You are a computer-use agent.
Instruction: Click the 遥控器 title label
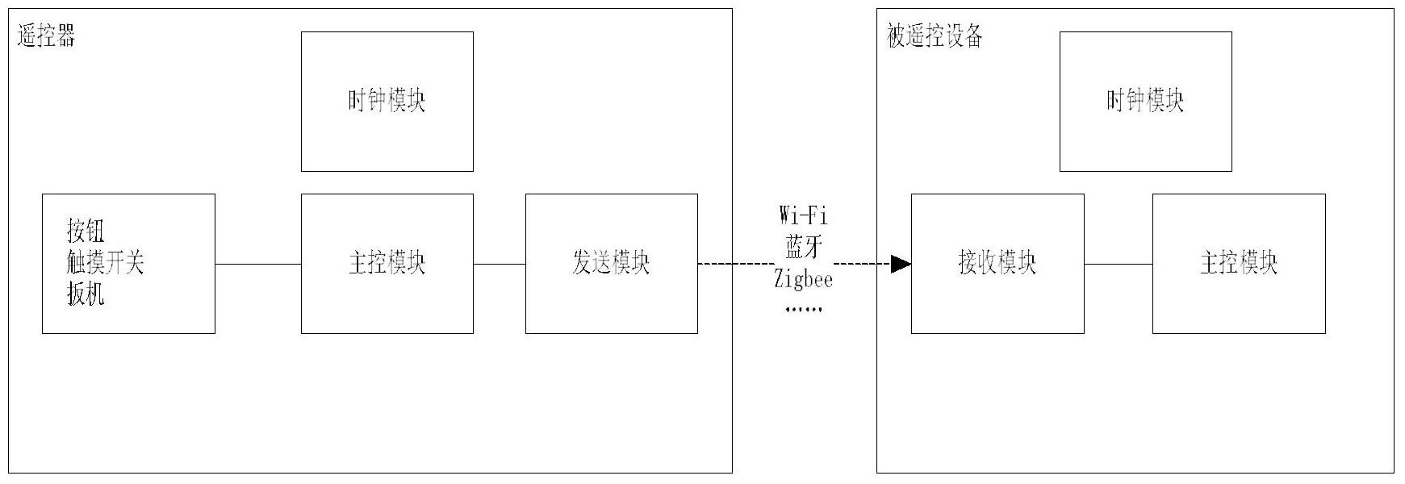(46, 36)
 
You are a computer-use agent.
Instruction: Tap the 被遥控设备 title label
(935, 36)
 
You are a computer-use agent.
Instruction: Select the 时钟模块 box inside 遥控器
(387, 102)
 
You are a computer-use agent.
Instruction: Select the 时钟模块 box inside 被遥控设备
(1145, 102)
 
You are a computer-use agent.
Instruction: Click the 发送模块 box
(611, 264)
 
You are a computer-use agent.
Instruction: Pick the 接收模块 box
(997, 264)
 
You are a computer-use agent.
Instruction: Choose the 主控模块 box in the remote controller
(387, 264)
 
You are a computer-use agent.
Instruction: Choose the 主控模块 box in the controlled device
(1238, 264)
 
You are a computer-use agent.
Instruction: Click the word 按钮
(86, 232)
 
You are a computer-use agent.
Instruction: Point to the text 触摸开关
(105, 263)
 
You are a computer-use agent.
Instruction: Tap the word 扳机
(86, 295)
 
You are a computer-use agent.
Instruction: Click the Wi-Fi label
(803, 215)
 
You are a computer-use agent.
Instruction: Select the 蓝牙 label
(803, 248)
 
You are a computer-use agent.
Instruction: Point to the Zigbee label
(803, 280)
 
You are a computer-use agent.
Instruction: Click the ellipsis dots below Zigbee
(803, 309)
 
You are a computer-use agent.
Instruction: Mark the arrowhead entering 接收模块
(901, 264)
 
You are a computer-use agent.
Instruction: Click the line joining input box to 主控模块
(257, 264)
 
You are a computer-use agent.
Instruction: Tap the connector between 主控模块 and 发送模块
(499, 264)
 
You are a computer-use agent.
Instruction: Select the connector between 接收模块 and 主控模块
(1118, 264)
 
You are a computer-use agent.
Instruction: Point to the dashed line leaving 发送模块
(734, 264)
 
